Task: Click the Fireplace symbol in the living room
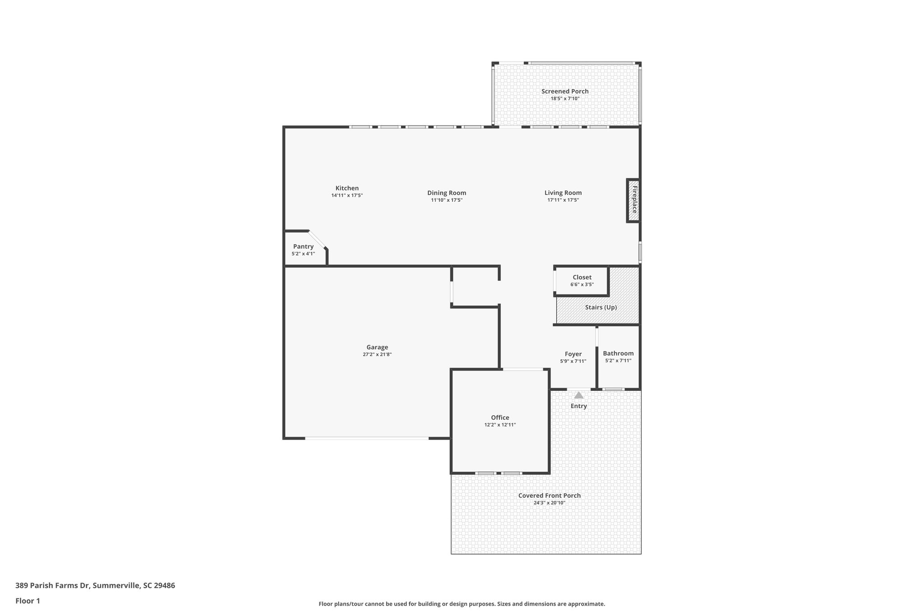point(633,200)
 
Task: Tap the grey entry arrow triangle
point(578,395)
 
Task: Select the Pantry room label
point(303,246)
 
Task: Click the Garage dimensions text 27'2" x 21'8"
point(377,355)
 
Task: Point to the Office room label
point(500,417)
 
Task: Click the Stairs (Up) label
point(601,307)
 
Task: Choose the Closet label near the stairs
point(582,278)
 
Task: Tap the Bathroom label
point(618,353)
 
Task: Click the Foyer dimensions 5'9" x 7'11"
point(573,361)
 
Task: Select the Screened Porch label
point(565,91)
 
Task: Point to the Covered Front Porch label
point(549,496)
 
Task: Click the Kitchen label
point(347,188)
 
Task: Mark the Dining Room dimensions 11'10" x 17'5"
point(447,200)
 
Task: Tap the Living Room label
point(563,193)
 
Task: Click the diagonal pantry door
point(317,240)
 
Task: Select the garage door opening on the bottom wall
point(366,438)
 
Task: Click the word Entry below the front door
point(578,406)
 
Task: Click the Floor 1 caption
point(28,601)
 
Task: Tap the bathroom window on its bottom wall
point(614,389)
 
